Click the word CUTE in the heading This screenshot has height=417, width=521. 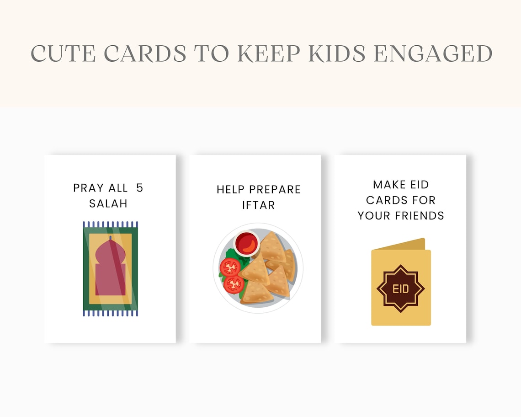pyautogui.click(x=63, y=53)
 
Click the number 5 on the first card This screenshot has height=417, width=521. pyautogui.click(x=139, y=187)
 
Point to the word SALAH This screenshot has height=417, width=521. pyautogui.click(x=108, y=203)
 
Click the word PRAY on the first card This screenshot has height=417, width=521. pyautogui.click(x=89, y=188)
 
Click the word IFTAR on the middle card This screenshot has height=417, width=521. pyautogui.click(x=258, y=205)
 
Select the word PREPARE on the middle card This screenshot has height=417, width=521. pyautogui.click(x=276, y=189)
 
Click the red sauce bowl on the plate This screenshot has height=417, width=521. pyautogui.click(x=247, y=243)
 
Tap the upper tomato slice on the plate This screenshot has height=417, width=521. pyautogui.click(x=230, y=267)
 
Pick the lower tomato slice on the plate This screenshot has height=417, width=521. pyautogui.click(x=234, y=284)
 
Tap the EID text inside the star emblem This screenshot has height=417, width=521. pyautogui.click(x=401, y=289)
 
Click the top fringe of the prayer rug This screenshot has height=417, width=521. pyautogui.click(x=110, y=225)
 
